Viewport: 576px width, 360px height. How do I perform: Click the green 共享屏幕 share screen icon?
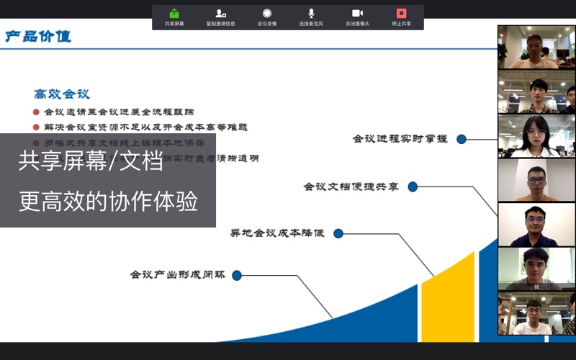tap(174, 14)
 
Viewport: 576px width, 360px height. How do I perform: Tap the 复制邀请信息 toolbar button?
tap(220, 14)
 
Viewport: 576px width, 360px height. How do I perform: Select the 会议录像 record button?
tap(267, 14)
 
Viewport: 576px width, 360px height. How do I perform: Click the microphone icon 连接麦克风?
tap(311, 14)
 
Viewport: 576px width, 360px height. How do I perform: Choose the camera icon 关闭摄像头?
tap(357, 14)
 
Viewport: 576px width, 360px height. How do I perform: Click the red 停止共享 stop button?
tap(402, 14)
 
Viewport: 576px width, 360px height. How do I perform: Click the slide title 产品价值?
tap(39, 37)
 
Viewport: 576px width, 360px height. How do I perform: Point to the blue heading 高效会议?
tap(62, 94)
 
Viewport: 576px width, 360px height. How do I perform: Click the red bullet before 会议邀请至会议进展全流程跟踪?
tap(36, 112)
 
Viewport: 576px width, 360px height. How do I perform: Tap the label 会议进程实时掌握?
tap(400, 139)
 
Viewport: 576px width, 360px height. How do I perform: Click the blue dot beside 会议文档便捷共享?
tap(413, 187)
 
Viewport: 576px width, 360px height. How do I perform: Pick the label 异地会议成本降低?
tap(277, 233)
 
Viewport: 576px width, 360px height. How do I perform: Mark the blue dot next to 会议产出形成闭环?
tap(237, 275)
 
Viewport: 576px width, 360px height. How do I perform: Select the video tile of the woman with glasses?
tap(536, 136)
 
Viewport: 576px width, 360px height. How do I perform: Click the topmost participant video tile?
tap(536, 48)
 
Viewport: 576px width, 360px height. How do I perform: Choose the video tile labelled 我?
tap(536, 269)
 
